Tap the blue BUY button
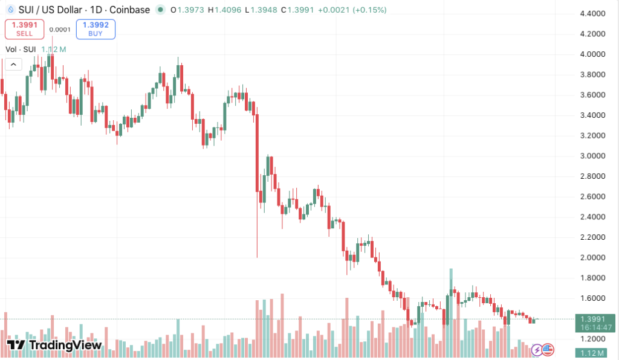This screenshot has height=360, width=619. [x=96, y=29]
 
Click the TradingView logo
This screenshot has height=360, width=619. [x=54, y=346]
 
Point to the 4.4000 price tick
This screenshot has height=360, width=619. [x=592, y=13]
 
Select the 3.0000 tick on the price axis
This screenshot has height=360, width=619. [x=592, y=156]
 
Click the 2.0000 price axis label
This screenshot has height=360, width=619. [x=592, y=257]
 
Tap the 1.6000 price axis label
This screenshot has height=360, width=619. [x=592, y=298]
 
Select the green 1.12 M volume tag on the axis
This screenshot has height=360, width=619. [x=595, y=353]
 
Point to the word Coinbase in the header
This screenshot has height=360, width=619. [x=129, y=10]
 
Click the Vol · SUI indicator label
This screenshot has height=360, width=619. [x=21, y=49]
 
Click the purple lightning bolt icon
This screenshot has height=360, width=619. [x=537, y=349]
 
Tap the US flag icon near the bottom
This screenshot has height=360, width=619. [x=548, y=349]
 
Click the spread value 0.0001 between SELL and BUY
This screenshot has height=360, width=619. [x=60, y=29]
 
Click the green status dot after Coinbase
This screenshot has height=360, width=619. [x=160, y=10]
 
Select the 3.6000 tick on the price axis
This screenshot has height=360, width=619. [x=592, y=95]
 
